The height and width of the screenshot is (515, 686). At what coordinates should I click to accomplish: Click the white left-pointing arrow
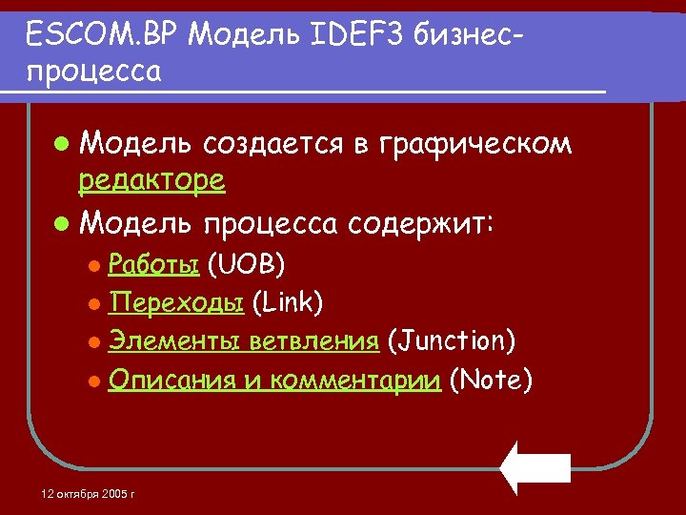[535, 467]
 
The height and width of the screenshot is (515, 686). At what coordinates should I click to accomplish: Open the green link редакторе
[152, 180]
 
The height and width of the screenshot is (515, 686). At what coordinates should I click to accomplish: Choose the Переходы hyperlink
[177, 302]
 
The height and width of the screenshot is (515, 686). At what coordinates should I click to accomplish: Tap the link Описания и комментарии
[273, 381]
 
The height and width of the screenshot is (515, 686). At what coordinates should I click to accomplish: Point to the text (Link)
[288, 302]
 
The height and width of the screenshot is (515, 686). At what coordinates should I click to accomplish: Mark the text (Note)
[491, 381]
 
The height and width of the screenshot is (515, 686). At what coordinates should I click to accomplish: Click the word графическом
[476, 144]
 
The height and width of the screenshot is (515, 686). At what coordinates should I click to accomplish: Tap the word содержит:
[421, 225]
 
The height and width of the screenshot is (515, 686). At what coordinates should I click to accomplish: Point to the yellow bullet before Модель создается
[62, 146]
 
